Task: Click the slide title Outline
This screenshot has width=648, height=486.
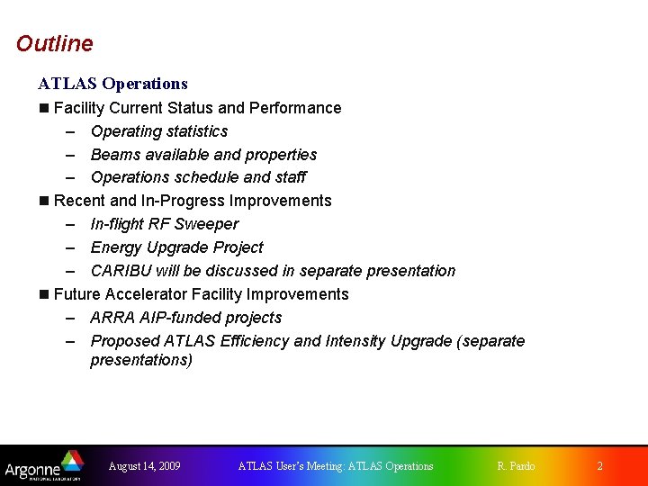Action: (54, 43)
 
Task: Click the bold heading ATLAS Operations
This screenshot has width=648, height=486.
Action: (112, 84)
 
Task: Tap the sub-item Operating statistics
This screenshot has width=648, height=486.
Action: (159, 131)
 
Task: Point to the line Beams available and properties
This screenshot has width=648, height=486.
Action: (203, 155)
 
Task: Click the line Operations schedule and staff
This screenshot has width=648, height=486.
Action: (198, 177)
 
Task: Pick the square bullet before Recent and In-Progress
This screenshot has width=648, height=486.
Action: (44, 201)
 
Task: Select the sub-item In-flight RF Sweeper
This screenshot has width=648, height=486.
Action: (165, 224)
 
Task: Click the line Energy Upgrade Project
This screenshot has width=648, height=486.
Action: (176, 247)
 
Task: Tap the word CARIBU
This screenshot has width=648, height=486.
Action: (121, 271)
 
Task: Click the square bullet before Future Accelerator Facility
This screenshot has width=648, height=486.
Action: (44, 294)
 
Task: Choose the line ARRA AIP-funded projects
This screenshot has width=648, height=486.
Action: (185, 318)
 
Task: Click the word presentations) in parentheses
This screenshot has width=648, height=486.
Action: (141, 360)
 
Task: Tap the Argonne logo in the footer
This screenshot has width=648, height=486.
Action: (43, 465)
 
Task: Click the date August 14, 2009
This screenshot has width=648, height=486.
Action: (144, 466)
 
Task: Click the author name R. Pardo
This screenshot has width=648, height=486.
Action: (516, 466)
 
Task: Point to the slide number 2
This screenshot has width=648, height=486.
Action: (600, 466)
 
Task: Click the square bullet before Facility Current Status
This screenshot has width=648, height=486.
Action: (44, 108)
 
